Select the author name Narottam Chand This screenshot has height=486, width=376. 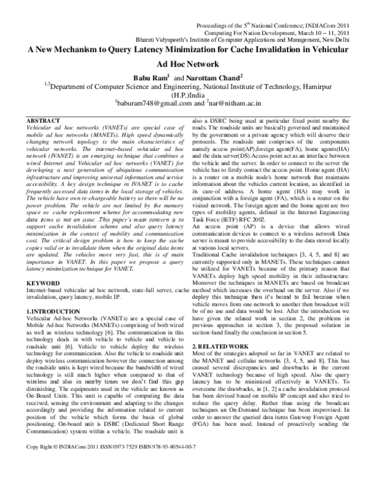pyautogui.click(x=204, y=77)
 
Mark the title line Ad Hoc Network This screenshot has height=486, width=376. pyautogui.click(x=187, y=64)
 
